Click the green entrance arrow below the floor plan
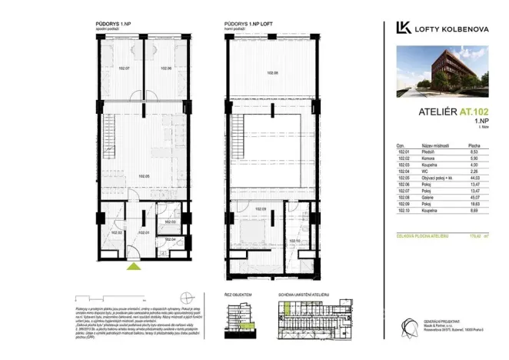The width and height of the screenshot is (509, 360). (134, 266)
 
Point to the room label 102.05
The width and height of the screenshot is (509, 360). (143, 176)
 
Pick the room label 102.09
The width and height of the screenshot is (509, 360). (260, 209)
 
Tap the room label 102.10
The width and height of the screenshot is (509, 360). (294, 240)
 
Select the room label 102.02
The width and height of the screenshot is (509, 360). (117, 232)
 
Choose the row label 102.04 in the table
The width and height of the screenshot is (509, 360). (402, 171)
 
